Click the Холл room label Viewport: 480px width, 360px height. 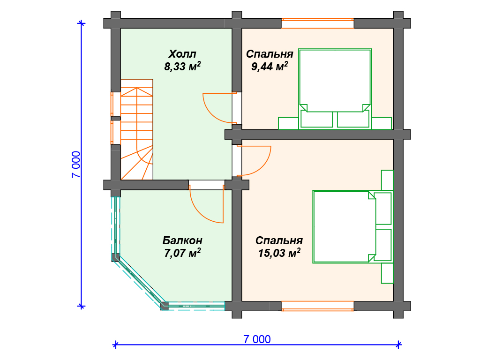[x=182, y=54]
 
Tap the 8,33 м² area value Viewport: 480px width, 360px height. [x=182, y=66]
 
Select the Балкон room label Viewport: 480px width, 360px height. [x=182, y=240]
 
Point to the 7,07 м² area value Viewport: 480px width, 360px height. [x=182, y=253]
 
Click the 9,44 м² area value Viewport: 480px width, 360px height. [x=270, y=66]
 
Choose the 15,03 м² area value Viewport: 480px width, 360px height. [x=279, y=253]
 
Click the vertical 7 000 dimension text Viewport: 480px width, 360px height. [x=76, y=165]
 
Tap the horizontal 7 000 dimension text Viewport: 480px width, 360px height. [x=257, y=339]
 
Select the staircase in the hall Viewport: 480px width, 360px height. [x=137, y=129]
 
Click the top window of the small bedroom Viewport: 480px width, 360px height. [x=317, y=23]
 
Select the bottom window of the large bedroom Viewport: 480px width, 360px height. [x=317, y=306]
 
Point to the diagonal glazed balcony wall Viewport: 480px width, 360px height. [x=140, y=281]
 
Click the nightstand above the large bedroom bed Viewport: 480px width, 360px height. [x=387, y=180]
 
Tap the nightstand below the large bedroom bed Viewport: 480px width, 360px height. [x=387, y=273]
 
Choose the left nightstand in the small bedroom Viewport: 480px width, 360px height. [x=288, y=123]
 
